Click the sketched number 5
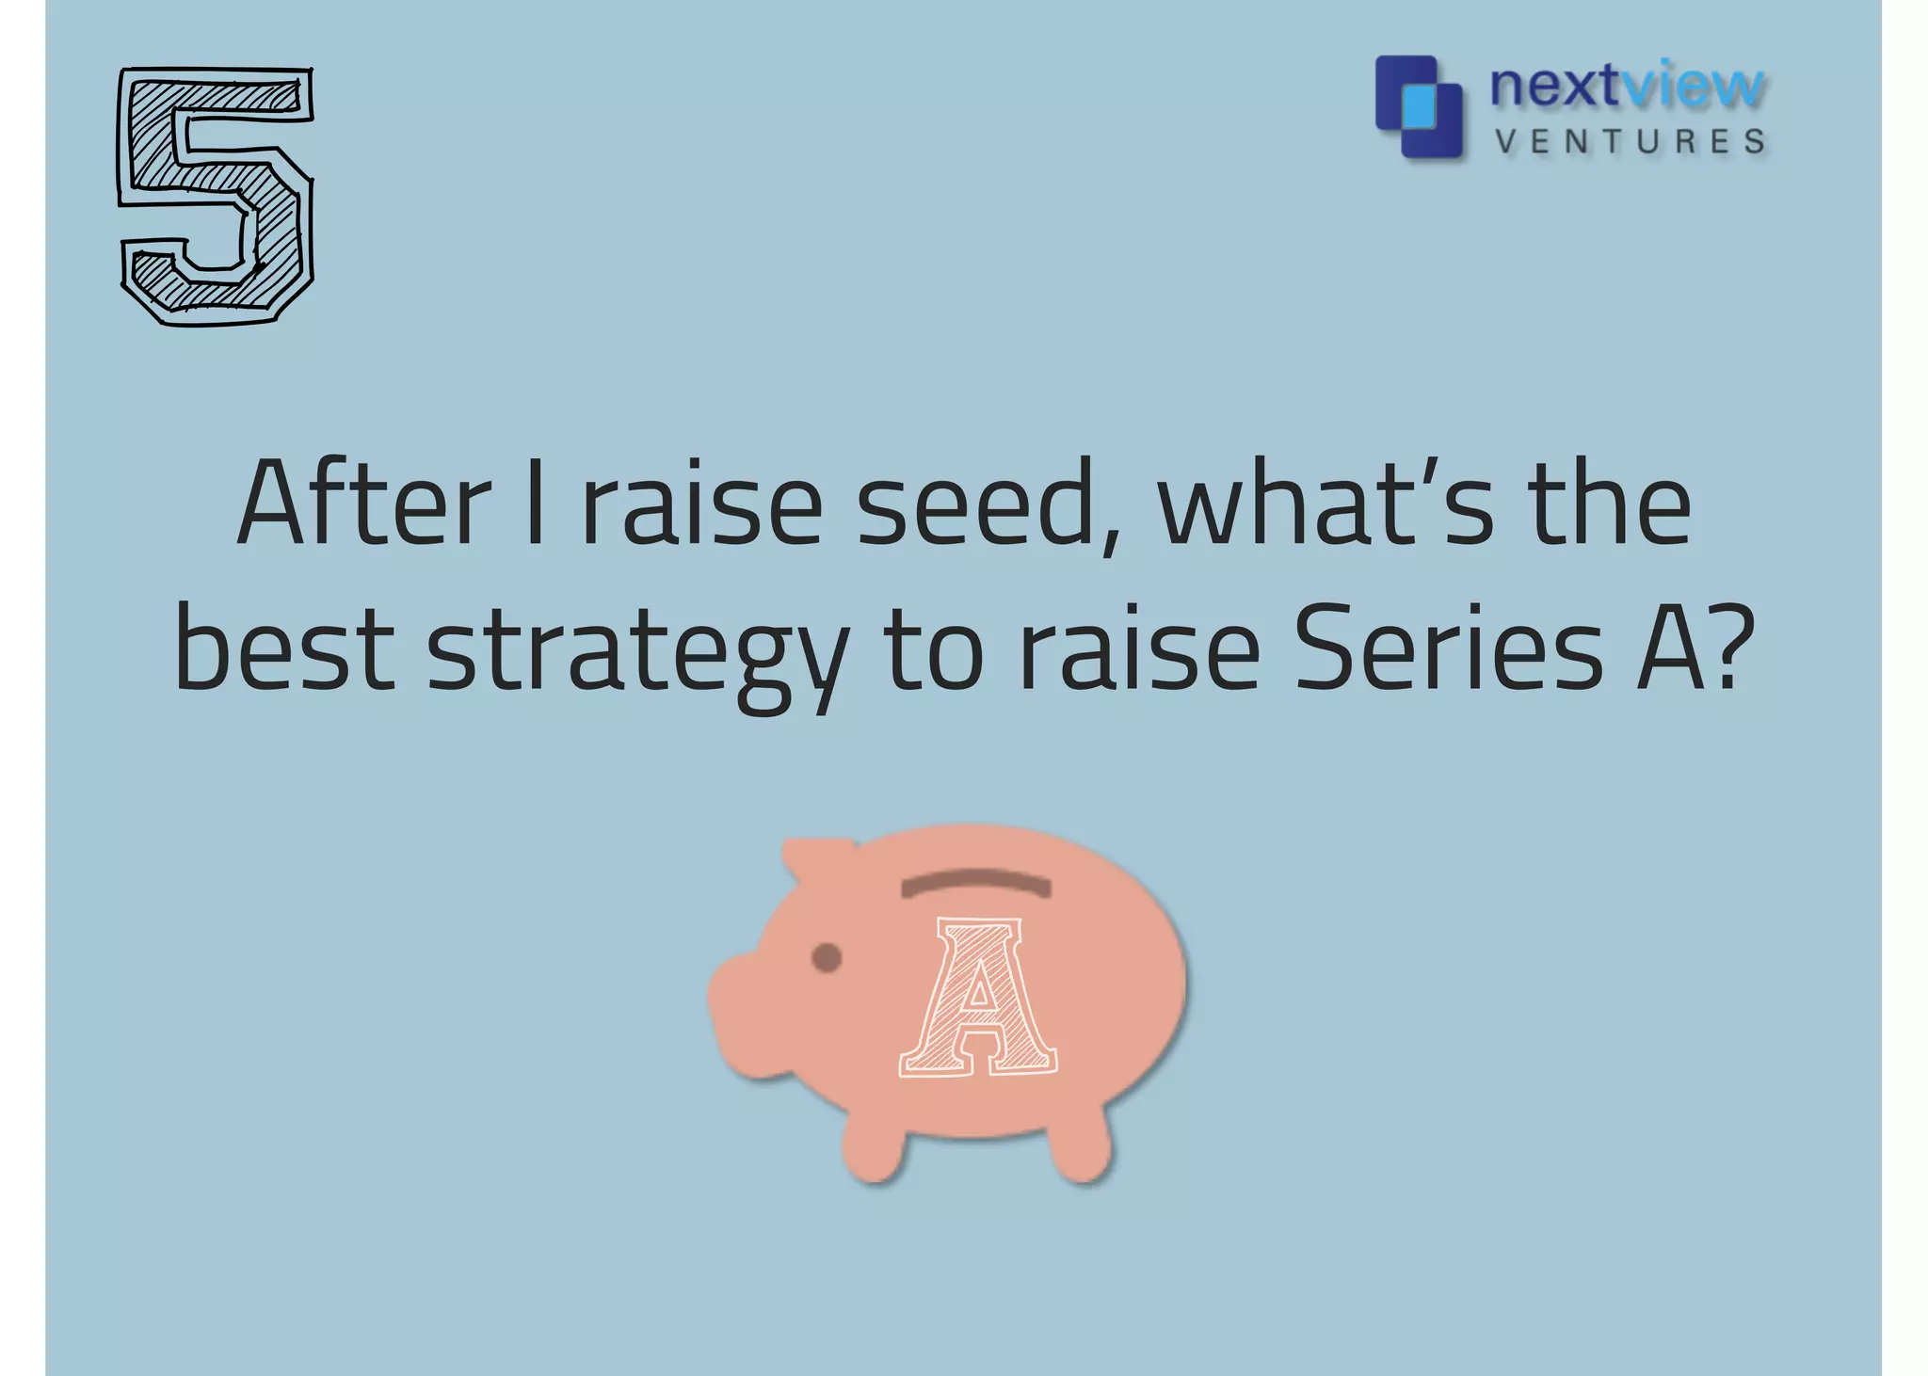[216, 196]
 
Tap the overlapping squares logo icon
[1419, 106]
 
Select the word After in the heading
[363, 504]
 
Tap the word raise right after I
[701, 504]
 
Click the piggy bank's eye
[826, 958]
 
